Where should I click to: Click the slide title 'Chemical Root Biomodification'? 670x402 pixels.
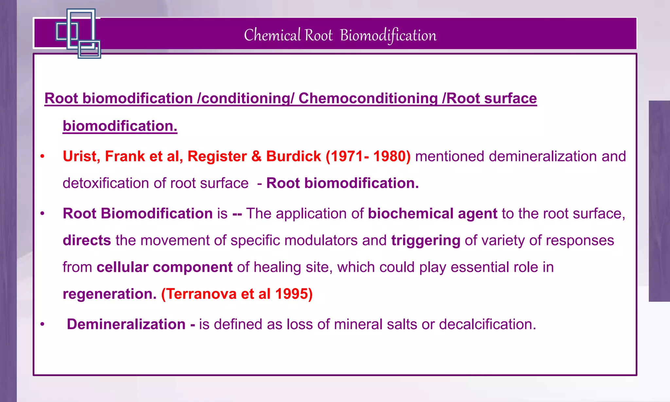coord(340,35)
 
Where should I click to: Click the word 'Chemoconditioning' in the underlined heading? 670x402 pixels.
coord(368,98)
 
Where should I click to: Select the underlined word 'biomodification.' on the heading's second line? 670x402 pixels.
coord(120,126)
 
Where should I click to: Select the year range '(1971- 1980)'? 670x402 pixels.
coord(368,156)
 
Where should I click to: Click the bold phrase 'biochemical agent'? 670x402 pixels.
coord(432,214)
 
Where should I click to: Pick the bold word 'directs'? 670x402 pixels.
coord(87,240)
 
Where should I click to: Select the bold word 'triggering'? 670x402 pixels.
coord(426,240)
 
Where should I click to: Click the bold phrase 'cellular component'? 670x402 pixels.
coord(164,267)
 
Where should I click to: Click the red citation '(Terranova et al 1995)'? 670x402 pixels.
coord(237,294)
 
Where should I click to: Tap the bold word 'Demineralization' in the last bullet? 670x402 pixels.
coord(126,324)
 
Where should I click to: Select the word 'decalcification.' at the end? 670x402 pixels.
coord(487,324)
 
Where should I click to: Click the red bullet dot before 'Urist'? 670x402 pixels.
coord(42,157)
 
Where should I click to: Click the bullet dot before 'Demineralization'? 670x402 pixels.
coord(42,324)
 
